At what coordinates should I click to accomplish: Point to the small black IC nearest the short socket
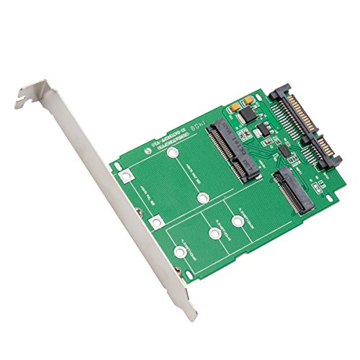(286, 156)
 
